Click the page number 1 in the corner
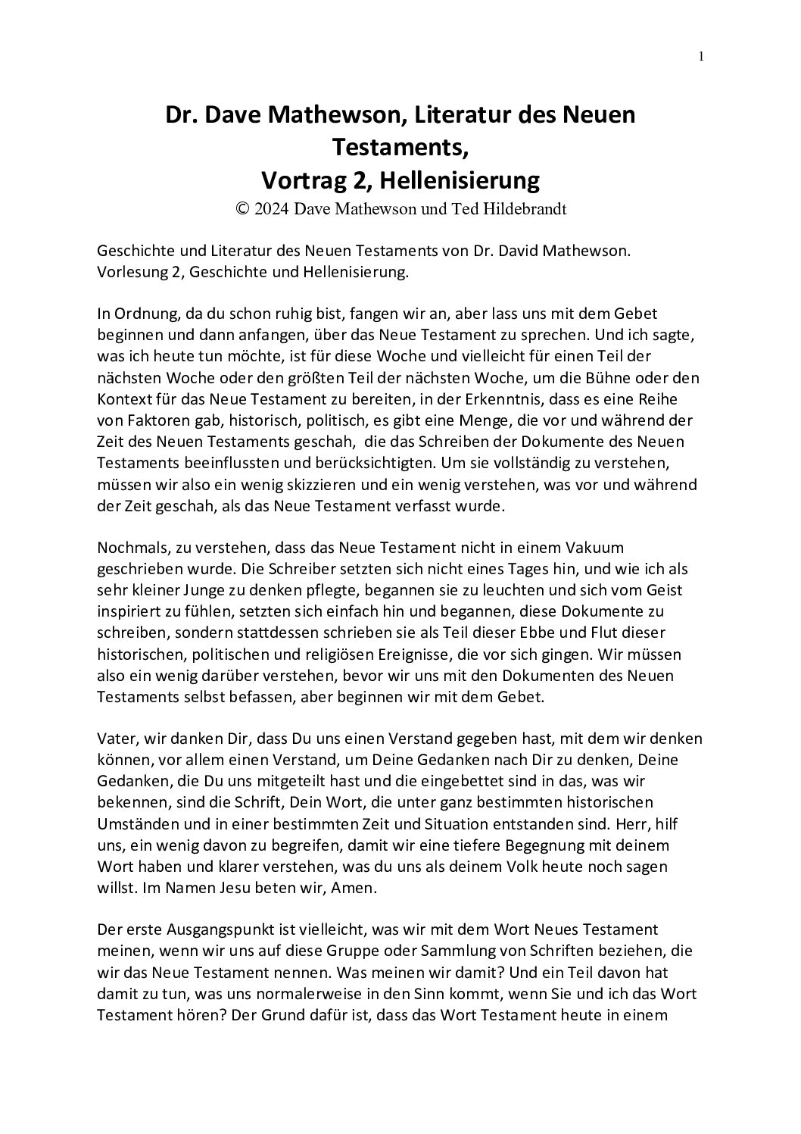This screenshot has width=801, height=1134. click(701, 57)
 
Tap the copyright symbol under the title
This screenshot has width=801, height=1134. click(242, 209)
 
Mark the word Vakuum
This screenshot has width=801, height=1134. click(597, 547)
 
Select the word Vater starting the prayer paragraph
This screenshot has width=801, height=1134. click(116, 738)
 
